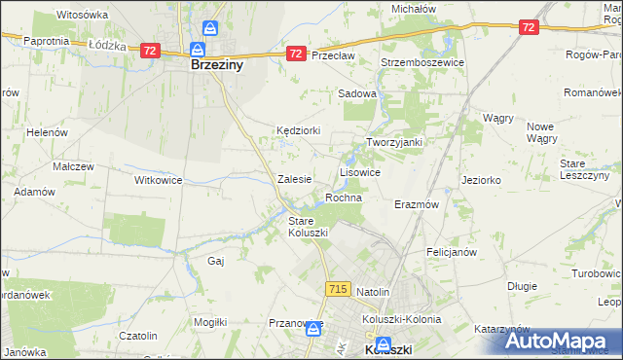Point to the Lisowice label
(x=359, y=171)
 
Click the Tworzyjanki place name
(x=393, y=141)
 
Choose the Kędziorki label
(x=299, y=129)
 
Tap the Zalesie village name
(x=294, y=179)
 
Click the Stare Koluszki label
(x=309, y=227)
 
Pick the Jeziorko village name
(x=482, y=180)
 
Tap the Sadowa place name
(x=356, y=93)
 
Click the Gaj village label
(x=217, y=261)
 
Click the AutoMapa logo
(x=559, y=341)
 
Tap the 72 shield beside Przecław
(x=296, y=54)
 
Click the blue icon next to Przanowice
(x=311, y=329)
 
